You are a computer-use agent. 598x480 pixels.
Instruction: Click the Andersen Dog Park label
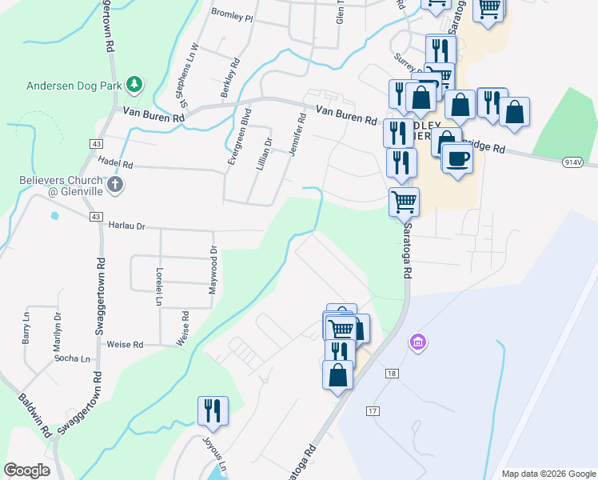[77, 85]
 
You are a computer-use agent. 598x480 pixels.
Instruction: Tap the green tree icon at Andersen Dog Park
[136, 83]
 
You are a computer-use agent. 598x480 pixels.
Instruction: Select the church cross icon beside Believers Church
[115, 186]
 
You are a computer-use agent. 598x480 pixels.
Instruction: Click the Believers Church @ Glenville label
[61, 186]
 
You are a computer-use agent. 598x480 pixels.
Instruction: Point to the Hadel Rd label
[116, 164]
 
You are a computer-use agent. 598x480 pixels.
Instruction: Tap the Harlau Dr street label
[126, 226]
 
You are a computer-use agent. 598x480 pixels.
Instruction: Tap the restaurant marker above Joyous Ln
[213, 410]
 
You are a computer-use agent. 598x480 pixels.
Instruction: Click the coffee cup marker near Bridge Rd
[457, 158]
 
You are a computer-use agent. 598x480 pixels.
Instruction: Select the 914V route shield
[572, 162]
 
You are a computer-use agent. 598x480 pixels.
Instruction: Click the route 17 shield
[373, 411]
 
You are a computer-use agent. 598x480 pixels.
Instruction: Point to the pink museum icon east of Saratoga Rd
[416, 343]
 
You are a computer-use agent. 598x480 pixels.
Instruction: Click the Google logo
[28, 470]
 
